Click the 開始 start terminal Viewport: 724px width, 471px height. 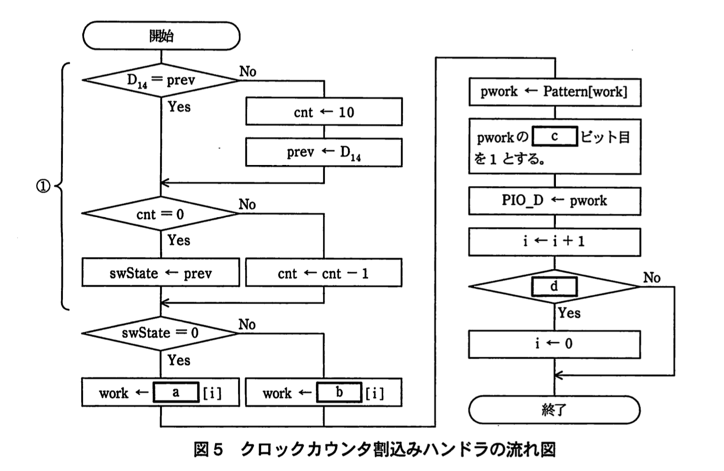click(161, 36)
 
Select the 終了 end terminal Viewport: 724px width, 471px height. click(554, 410)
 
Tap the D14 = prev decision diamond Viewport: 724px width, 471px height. click(161, 80)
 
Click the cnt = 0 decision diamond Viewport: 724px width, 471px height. click(161, 214)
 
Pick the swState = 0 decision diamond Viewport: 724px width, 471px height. click(161, 333)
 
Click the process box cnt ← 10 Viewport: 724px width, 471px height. click(324, 112)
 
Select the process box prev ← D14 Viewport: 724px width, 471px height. click(324, 152)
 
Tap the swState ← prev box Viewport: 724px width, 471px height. click(161, 273)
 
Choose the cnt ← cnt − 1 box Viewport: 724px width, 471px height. click(323, 273)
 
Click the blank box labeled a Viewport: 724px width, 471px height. click(176, 392)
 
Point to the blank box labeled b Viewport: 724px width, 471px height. click(339, 392)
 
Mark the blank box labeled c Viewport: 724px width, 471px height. click(555, 136)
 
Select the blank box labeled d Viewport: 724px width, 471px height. click(554, 286)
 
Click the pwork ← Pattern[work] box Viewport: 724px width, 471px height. click(555, 92)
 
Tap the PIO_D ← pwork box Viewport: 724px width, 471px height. click(555, 201)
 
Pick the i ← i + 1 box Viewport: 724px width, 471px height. click(555, 242)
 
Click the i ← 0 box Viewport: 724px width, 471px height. click(555, 344)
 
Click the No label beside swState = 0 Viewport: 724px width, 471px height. click(247, 324)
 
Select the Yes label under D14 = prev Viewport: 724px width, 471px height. click(179, 107)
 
